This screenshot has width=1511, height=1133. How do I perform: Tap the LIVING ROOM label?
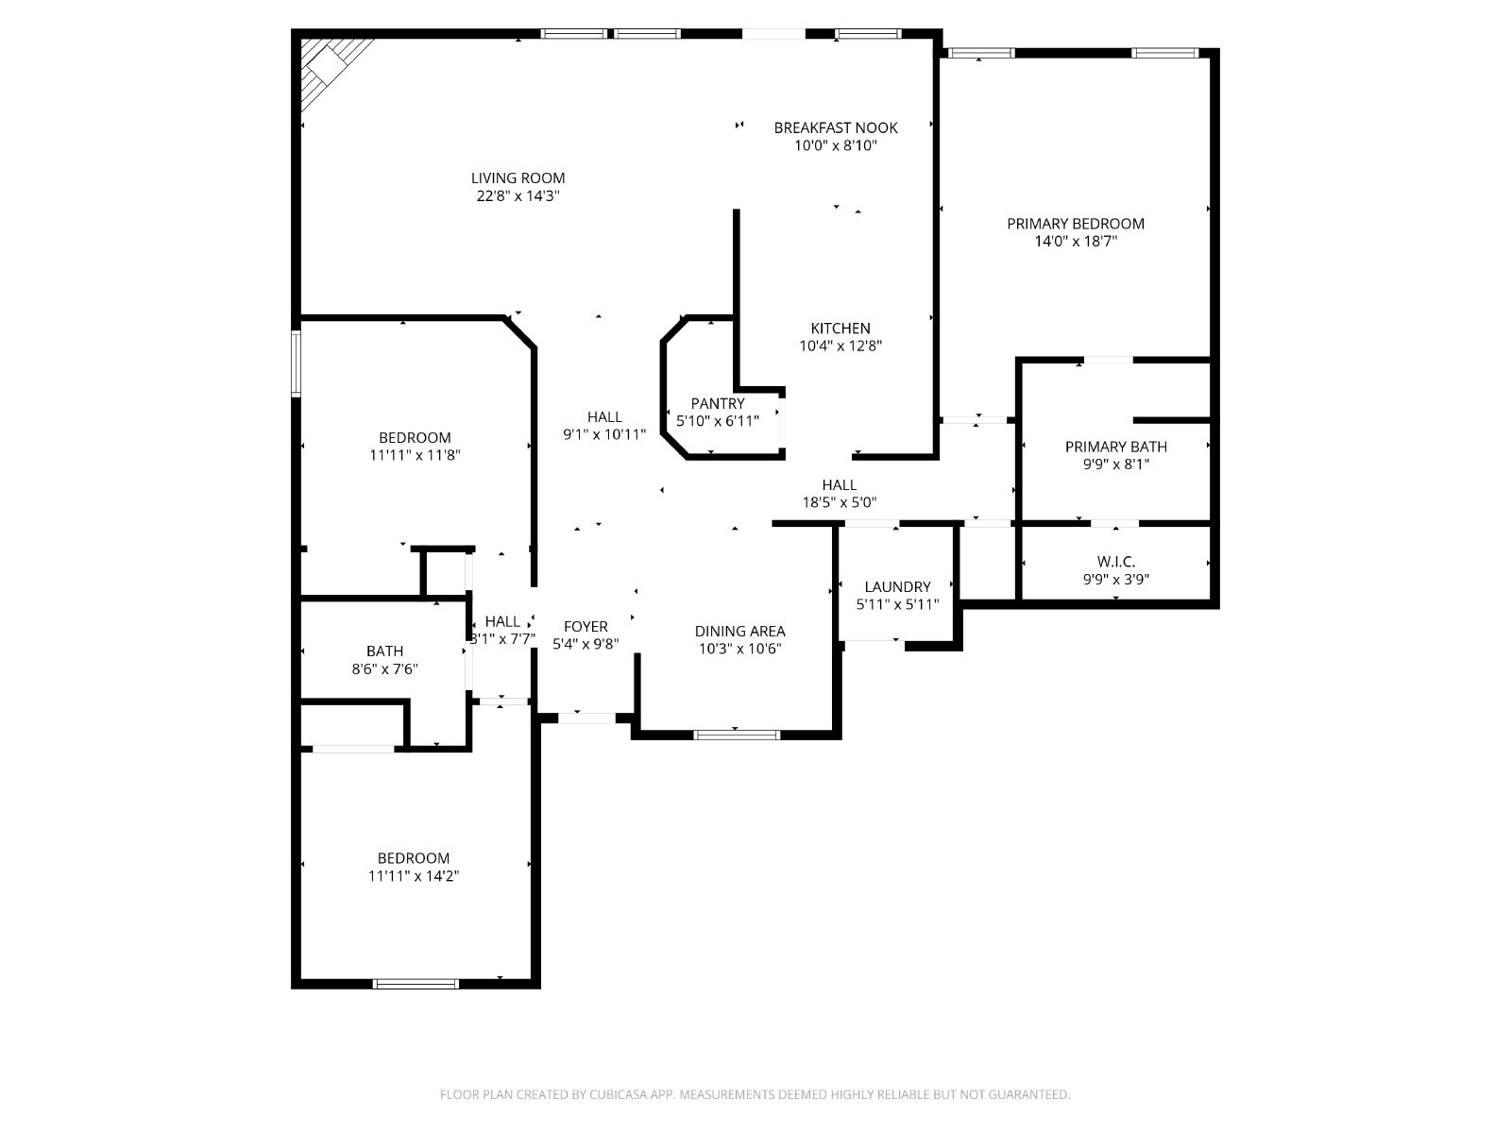tap(518, 178)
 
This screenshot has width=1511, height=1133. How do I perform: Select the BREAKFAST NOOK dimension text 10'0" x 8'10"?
tap(835, 145)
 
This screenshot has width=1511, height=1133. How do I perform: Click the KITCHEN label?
tap(840, 329)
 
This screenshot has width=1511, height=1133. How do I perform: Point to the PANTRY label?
tap(718, 403)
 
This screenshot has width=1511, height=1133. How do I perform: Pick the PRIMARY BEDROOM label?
tap(1076, 224)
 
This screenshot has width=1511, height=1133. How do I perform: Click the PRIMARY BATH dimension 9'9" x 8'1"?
tap(1116, 465)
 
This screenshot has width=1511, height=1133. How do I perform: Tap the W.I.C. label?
tap(1116, 562)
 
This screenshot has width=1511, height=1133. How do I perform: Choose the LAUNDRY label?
tap(897, 586)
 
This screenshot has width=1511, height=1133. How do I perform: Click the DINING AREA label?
tap(739, 631)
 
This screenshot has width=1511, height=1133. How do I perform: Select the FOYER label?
tap(586, 627)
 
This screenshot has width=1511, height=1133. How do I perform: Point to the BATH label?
tap(384, 651)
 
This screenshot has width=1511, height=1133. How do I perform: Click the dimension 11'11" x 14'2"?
tap(413, 876)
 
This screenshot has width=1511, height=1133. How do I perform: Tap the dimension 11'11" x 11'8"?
tap(415, 455)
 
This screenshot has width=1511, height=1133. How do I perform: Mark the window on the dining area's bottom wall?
tap(737, 735)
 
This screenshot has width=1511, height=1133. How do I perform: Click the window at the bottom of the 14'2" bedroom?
tap(416, 984)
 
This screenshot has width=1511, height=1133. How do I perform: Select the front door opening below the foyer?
tap(586, 719)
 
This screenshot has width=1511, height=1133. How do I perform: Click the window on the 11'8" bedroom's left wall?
tap(296, 364)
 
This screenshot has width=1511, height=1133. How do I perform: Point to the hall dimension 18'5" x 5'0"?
tap(840, 503)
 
